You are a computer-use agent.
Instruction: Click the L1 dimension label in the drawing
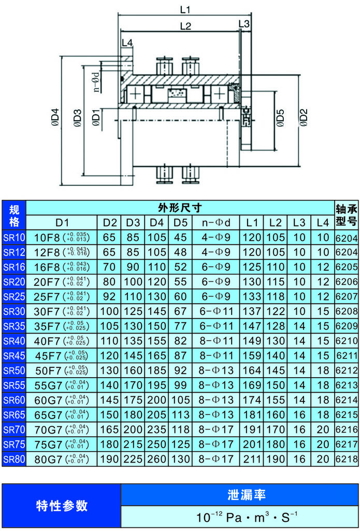pyautogui.click(x=185, y=9)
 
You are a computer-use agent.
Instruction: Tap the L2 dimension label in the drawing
pyautogui.click(x=185, y=25)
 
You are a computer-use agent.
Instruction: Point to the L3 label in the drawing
pyautogui.click(x=244, y=24)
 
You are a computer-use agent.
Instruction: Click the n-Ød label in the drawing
pyautogui.click(x=96, y=81)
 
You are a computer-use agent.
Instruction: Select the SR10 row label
pyautogui.click(x=14, y=238)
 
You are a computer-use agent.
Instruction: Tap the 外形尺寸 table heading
pyautogui.click(x=180, y=208)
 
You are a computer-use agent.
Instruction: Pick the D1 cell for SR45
pyautogui.click(x=62, y=356)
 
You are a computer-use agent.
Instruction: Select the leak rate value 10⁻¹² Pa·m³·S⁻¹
pyautogui.click(x=239, y=516)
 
